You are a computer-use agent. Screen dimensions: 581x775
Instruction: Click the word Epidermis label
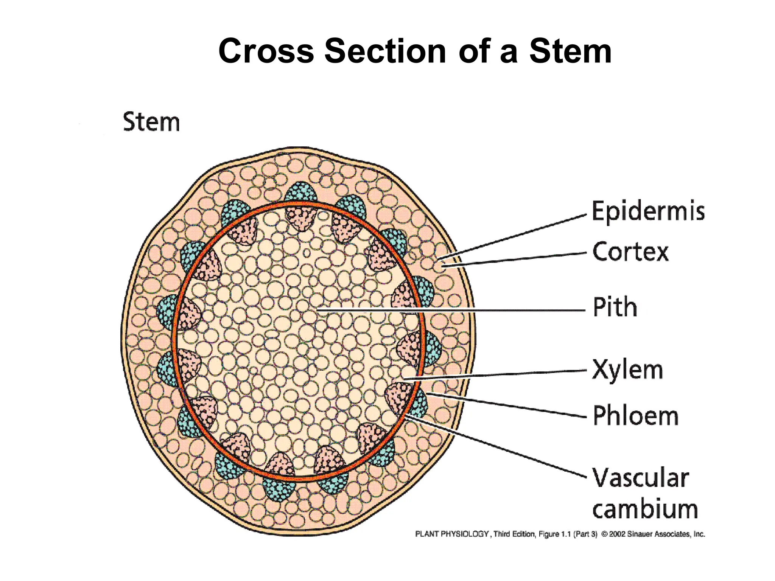pyautogui.click(x=648, y=211)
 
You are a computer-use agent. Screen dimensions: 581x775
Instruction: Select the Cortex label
pyautogui.click(x=630, y=252)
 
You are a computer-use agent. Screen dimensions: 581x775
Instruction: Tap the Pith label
pyautogui.click(x=615, y=307)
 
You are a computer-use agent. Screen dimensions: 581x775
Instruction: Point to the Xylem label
pyautogui.click(x=627, y=370)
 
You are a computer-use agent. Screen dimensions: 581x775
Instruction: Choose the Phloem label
pyautogui.click(x=635, y=416)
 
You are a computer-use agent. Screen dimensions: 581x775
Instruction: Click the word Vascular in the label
pyautogui.click(x=640, y=478)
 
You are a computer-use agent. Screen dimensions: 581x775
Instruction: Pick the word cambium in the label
pyautogui.click(x=645, y=509)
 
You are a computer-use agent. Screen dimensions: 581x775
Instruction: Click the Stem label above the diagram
pyautogui.click(x=151, y=122)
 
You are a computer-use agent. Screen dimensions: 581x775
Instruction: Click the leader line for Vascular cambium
pyautogui.click(x=496, y=446)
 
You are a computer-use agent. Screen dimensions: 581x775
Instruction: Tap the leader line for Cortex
pyautogui.click(x=515, y=259)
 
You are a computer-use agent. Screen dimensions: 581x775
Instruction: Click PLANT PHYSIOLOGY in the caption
pyautogui.click(x=452, y=534)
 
